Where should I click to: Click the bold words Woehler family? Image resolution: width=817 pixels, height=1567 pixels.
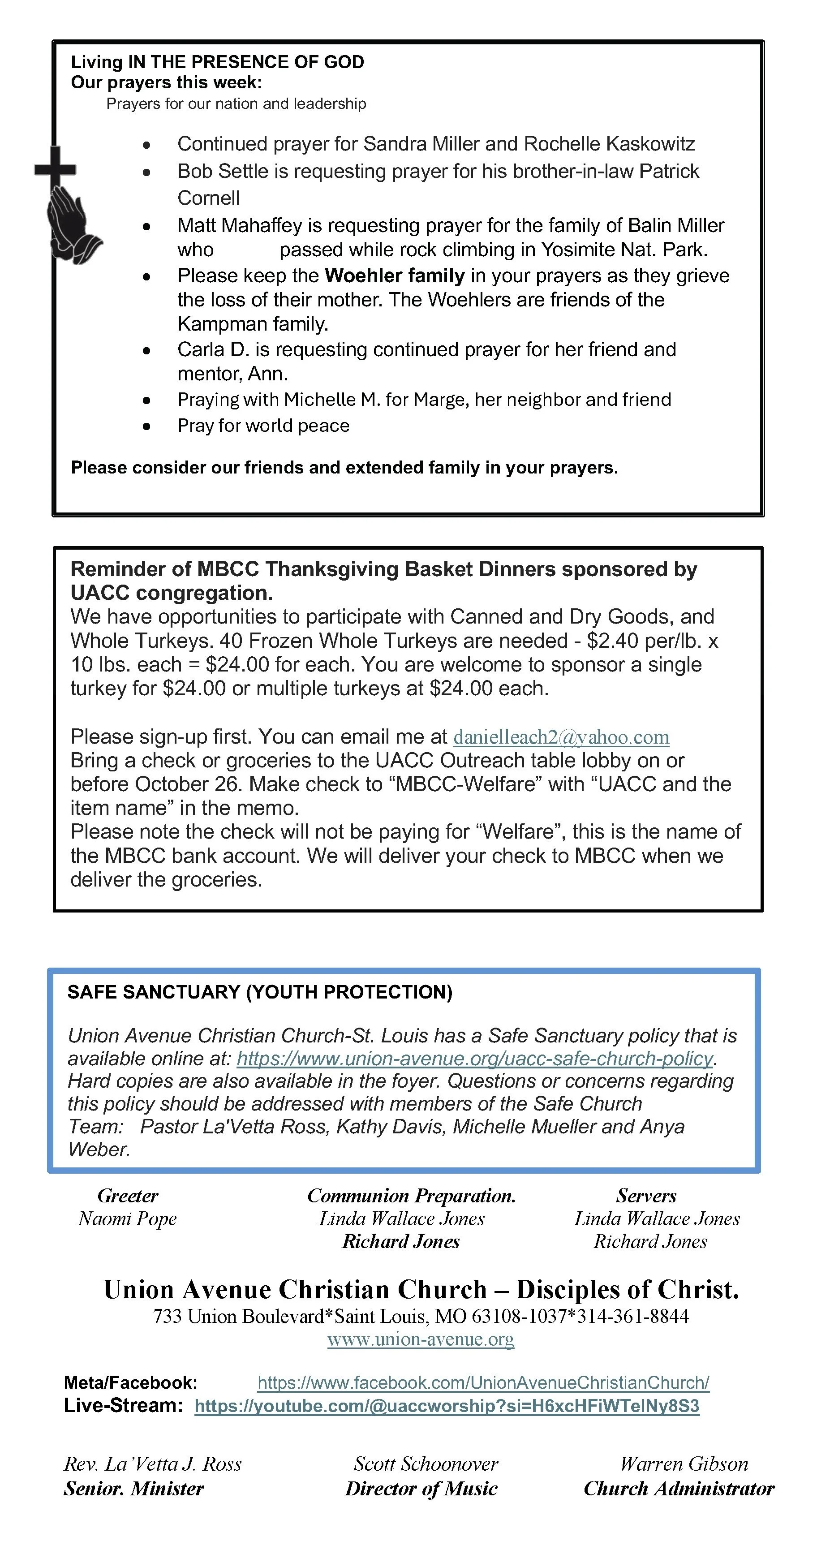click(395, 276)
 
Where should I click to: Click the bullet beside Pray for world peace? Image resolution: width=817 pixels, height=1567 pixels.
click(146, 426)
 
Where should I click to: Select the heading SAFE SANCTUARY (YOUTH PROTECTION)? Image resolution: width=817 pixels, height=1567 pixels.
click(260, 992)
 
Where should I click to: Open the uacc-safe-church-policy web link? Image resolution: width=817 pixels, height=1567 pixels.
click(474, 1059)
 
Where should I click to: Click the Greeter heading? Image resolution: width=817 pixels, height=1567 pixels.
click(128, 1196)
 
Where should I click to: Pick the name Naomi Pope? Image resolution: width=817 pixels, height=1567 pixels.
click(128, 1219)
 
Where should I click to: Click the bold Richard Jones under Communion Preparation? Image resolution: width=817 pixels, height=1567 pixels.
click(401, 1242)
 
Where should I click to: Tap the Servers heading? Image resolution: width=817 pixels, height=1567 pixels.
click(646, 1196)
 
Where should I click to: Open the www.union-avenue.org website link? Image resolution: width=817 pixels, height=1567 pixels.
click(420, 1339)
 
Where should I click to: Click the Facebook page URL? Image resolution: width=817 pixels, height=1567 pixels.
click(483, 1383)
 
